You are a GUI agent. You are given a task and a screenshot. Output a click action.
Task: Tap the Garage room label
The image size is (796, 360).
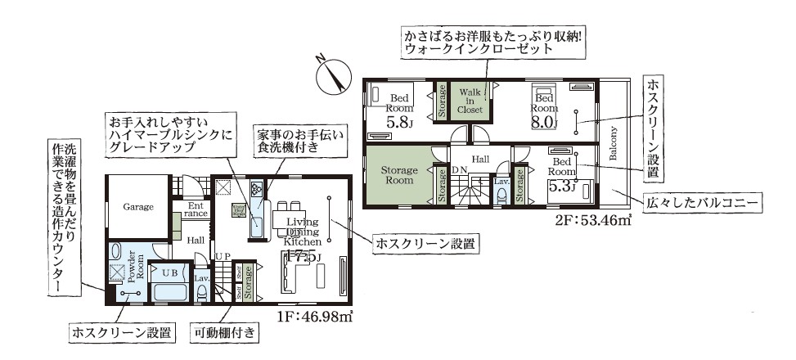click(138, 208)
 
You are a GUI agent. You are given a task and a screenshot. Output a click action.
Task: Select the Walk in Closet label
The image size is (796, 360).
click(470, 100)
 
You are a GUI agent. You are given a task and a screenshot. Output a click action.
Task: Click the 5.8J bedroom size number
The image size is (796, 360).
click(398, 124)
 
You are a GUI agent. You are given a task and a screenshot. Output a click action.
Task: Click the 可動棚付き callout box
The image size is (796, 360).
click(226, 333)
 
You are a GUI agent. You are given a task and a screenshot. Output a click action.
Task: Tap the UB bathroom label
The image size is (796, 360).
click(170, 272)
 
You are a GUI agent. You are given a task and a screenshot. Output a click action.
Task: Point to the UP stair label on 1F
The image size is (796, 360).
click(223, 257)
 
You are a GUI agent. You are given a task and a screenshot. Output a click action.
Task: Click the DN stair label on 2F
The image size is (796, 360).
click(460, 169)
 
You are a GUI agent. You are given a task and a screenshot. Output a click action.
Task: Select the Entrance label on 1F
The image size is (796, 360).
click(196, 209)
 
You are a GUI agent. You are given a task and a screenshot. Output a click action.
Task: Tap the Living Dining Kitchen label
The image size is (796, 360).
click(299, 232)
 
